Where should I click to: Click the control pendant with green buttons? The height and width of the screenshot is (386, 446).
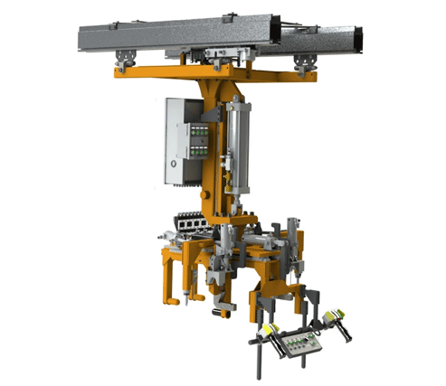click(301, 343)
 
